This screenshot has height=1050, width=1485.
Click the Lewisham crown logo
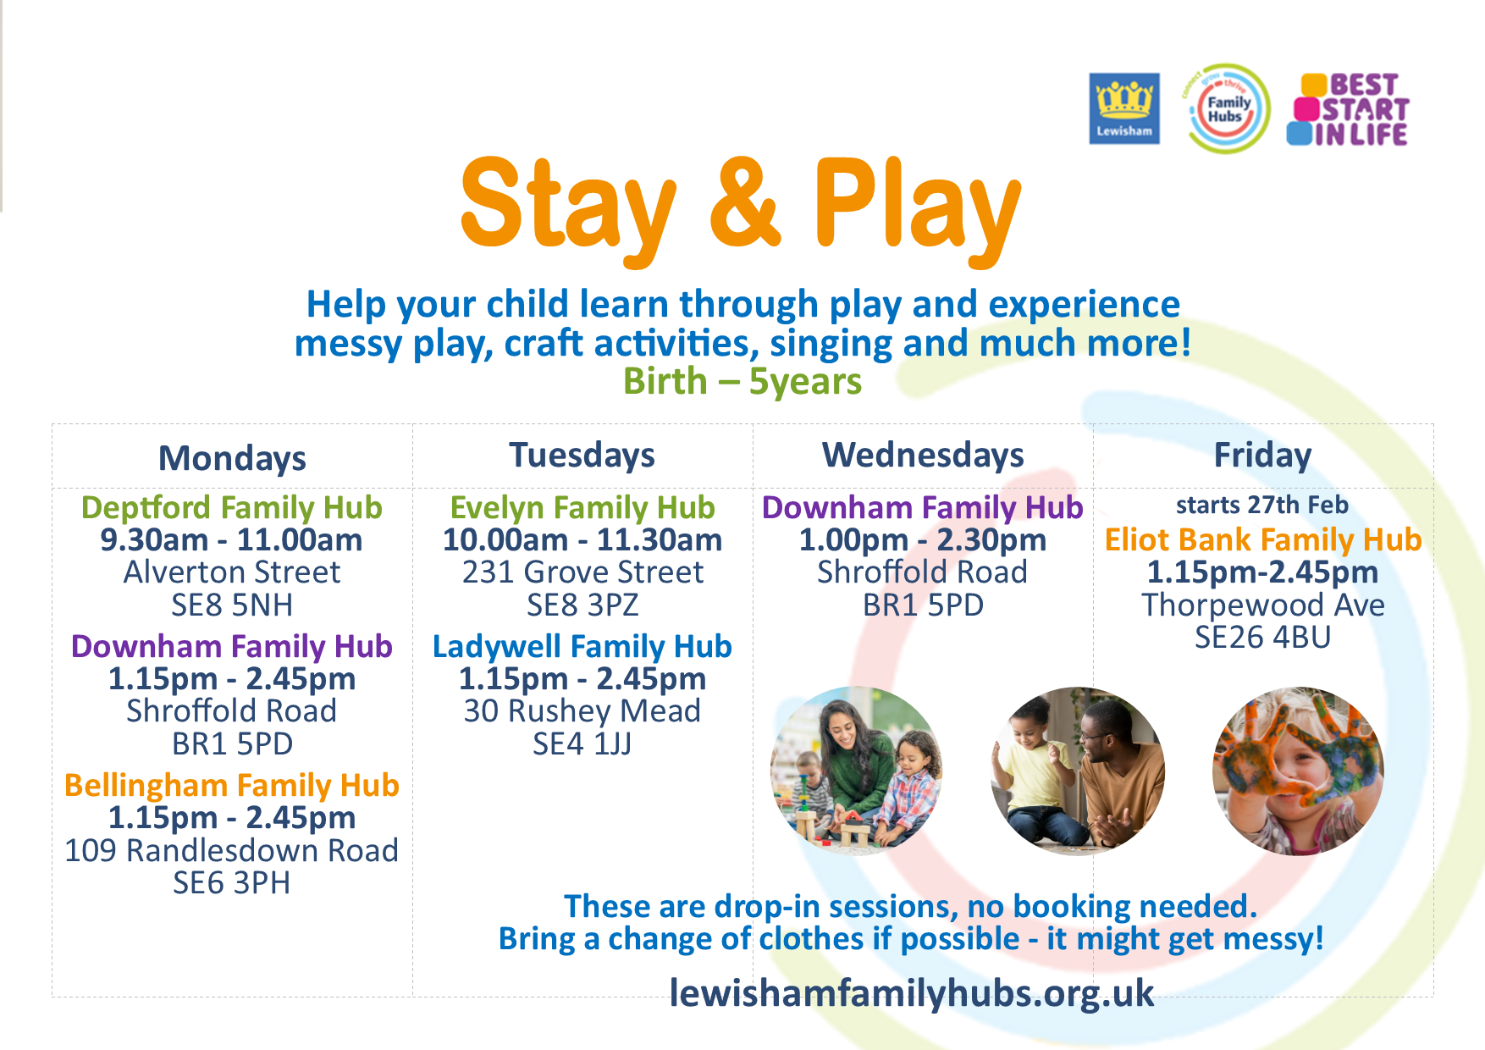(1124, 108)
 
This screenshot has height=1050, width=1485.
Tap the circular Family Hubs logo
(1227, 108)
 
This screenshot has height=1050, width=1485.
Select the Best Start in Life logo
(1348, 109)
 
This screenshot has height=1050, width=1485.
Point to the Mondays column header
(232, 458)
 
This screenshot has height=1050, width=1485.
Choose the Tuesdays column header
(582, 455)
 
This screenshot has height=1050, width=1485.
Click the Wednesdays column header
(923, 455)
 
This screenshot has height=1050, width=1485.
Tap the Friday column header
(1262, 455)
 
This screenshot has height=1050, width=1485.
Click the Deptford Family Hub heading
(232, 507)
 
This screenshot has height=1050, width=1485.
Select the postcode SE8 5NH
(232, 605)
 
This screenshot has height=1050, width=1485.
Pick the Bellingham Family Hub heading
(232, 785)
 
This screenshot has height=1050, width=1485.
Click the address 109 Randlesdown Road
(232, 850)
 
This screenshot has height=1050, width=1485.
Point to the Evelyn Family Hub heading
(582, 507)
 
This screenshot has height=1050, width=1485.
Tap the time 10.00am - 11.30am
(582, 540)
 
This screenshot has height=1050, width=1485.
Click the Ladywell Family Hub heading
(582, 646)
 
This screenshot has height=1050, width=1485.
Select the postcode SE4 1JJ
(582, 744)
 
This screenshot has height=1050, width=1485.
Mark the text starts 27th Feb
(1262, 506)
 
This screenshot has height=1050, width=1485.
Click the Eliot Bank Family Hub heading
(1263, 539)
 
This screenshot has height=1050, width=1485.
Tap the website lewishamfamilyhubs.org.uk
(912, 993)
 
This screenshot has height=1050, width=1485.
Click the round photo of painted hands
(1298, 771)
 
